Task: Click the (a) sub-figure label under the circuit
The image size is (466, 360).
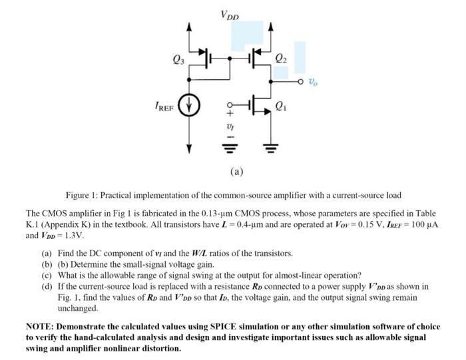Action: coord(236,171)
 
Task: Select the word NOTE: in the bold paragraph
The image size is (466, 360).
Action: coord(41,326)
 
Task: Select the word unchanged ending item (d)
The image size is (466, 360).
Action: coord(78,309)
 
